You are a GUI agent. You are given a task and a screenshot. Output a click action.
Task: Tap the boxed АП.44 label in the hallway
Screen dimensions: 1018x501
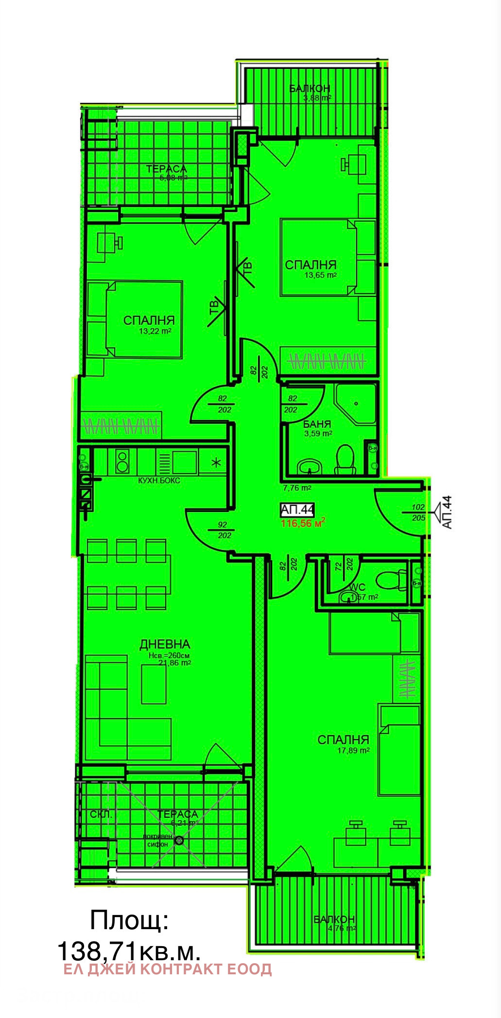pos(297,509)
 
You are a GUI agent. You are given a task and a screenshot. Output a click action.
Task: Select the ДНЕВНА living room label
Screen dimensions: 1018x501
pos(165,644)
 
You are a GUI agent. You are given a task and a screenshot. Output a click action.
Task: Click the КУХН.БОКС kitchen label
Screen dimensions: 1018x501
pos(159,480)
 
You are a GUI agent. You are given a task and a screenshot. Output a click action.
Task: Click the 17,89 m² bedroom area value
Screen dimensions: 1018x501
pos(353,750)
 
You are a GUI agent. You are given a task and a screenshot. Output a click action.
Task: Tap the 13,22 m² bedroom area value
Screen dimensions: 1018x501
pos(155,331)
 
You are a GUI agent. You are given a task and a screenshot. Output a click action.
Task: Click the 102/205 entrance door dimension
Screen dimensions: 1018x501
pos(418,512)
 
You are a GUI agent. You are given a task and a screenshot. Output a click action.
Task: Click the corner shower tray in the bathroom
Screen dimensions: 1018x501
pos(357,403)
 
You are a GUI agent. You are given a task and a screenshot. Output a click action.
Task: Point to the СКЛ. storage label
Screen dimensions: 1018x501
pos(101,814)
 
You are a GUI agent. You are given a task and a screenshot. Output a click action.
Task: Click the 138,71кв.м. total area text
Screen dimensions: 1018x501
pos(129,951)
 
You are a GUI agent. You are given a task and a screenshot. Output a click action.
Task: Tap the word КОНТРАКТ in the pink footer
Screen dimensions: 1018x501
pos(182,969)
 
